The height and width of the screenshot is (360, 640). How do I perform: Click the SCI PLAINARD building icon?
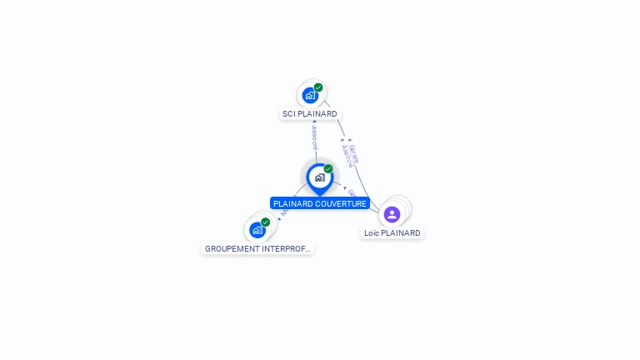pos(310,95)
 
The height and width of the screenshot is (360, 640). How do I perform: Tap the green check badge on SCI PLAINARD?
pos(318,87)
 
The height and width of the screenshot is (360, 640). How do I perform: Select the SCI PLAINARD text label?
pos(310,113)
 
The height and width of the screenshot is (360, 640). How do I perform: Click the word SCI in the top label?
pos(289,113)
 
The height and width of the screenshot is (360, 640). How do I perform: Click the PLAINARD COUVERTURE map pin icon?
pos(319,177)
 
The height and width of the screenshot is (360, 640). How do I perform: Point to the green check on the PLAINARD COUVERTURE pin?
pos(328,169)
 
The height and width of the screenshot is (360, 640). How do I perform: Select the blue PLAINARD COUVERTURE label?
pos(320,203)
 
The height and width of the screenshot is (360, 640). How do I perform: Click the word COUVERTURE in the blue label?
pos(341,203)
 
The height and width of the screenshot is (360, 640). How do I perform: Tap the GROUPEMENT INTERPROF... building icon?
pos(257,230)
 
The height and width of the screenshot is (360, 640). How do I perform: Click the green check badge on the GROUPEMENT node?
pos(266,222)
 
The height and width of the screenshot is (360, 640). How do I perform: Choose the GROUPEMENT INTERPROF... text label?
pos(257,248)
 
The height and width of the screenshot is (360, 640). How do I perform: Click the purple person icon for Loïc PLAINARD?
pos(392,214)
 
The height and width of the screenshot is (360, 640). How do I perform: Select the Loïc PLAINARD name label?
pos(392,233)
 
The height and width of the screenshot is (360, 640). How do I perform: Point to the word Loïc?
pos(372,233)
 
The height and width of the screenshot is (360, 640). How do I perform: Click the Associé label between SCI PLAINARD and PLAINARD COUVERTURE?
pos(314,137)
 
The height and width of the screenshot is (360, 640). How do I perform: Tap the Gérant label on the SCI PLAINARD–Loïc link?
pos(354,154)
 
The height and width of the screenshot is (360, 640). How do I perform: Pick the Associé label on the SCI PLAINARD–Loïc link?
pos(347,156)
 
